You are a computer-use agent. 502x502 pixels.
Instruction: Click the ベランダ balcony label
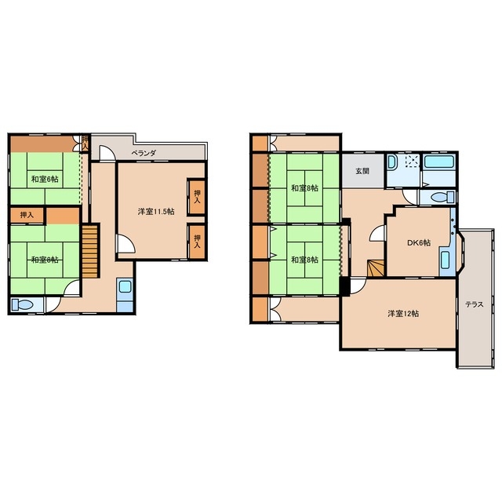click(144, 154)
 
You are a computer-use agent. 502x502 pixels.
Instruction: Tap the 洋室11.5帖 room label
click(156, 211)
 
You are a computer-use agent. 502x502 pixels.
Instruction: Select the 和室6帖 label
click(45, 179)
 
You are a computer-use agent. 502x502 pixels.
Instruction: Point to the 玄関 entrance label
click(362, 171)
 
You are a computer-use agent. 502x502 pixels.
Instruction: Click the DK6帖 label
click(418, 242)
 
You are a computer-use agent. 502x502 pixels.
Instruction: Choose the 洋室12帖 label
click(403, 314)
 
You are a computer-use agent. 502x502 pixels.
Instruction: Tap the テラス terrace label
click(475, 304)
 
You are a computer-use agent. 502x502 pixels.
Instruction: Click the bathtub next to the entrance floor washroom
click(439, 162)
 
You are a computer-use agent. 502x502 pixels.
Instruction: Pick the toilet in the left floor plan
click(22, 304)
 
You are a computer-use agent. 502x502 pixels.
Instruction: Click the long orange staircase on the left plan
click(89, 251)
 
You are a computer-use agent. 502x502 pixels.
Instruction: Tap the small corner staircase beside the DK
click(375, 268)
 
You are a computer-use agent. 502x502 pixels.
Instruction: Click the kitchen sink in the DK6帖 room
click(445, 260)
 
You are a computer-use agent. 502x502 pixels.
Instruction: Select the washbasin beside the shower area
click(392, 162)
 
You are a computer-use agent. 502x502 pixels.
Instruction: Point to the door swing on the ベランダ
click(107, 153)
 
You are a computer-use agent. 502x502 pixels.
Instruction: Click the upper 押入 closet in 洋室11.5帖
click(197, 197)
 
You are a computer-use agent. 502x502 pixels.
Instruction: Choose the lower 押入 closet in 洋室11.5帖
click(197, 242)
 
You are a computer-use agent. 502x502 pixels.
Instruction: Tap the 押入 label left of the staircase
click(27, 215)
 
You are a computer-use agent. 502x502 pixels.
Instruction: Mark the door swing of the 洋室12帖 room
click(358, 286)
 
